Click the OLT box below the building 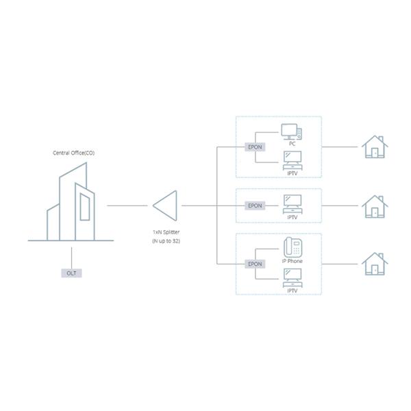71,273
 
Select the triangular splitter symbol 165,205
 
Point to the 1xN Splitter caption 166,232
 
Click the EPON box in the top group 255,147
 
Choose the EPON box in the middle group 255,205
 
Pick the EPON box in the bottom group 255,263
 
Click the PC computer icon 292,131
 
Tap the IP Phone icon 292,247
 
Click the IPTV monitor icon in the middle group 292,202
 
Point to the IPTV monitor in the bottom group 292,277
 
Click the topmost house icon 374,146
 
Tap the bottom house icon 374,263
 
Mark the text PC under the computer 292,144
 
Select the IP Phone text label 292,261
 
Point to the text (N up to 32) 166,242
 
